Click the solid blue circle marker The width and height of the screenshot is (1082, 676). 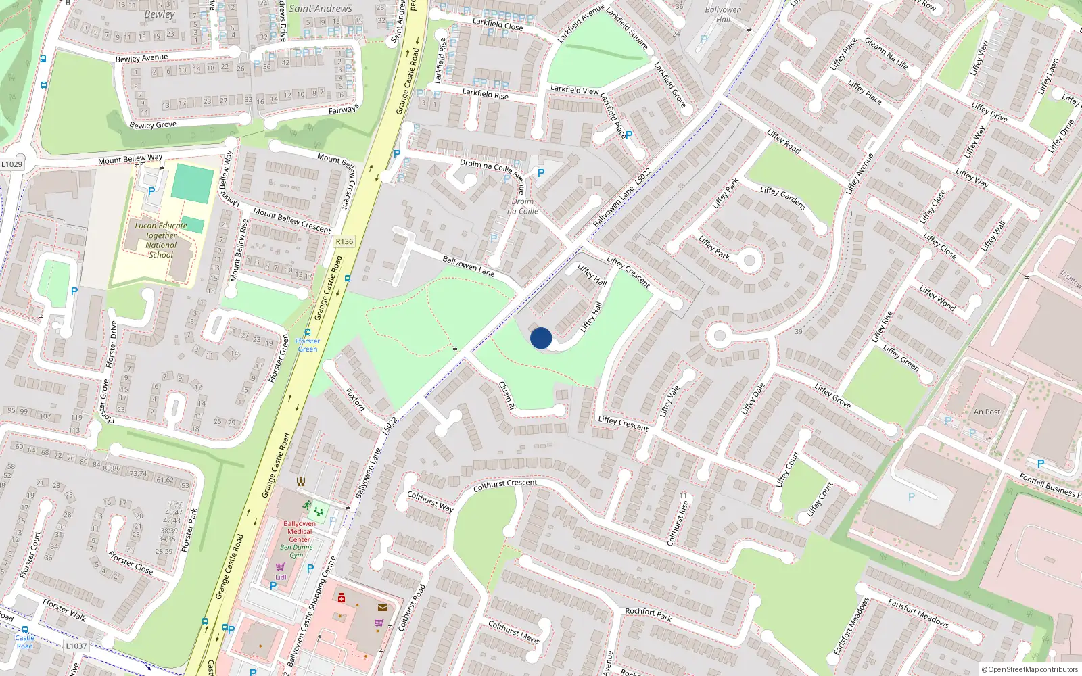click(x=541, y=338)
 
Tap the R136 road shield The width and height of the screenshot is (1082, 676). click(x=344, y=241)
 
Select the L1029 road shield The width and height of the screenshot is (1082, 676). click(x=11, y=164)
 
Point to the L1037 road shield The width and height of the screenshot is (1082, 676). click(x=76, y=646)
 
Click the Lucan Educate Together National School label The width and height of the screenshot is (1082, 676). click(x=161, y=240)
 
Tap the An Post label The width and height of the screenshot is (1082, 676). click(x=987, y=412)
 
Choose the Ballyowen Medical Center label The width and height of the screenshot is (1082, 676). click(x=300, y=531)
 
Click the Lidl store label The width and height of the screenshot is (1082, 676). click(x=281, y=577)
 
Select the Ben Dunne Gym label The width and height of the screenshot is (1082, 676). click(x=297, y=551)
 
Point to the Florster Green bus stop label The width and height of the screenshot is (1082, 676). click(x=308, y=345)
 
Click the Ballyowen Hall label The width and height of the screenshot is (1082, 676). click(x=723, y=14)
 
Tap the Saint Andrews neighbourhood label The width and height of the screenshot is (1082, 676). click(x=321, y=9)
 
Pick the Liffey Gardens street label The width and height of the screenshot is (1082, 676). click(x=782, y=198)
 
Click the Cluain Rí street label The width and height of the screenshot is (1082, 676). click(x=507, y=395)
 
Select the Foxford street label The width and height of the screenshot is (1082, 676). click(x=355, y=400)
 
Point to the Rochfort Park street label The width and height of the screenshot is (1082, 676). click(x=648, y=614)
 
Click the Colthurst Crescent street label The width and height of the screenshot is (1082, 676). click(x=505, y=485)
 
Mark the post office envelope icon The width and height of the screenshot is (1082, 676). click(x=383, y=608)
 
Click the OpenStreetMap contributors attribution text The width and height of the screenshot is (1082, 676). click(x=1029, y=669)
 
